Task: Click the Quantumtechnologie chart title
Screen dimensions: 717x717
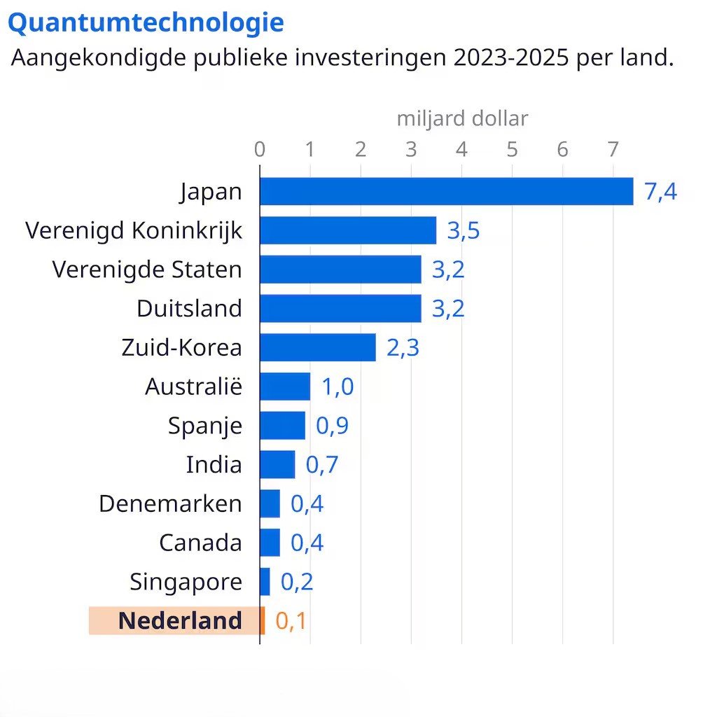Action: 146,23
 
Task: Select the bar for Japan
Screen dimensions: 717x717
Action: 446,191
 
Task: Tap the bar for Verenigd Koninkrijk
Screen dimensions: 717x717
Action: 348,230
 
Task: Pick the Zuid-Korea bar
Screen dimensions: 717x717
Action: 318,347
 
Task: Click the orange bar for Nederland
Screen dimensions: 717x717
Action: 263,620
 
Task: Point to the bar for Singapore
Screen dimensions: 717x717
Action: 265,581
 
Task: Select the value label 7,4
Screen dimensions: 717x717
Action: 661,192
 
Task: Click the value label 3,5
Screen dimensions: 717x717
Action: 464,230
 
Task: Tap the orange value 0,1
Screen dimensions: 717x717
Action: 291,621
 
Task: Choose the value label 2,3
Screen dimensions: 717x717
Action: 403,348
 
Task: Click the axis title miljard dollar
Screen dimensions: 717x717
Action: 462,118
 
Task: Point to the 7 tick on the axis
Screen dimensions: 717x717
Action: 613,149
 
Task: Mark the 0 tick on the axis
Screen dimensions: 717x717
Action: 260,149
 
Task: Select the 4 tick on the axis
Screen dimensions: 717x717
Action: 461,149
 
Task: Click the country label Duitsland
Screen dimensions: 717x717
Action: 189,308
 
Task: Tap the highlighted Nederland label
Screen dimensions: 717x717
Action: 180,620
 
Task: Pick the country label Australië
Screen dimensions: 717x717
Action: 193,387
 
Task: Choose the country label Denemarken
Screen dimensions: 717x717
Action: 170,503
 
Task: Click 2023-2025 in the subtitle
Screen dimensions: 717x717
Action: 512,58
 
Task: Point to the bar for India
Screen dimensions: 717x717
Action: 277,464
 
